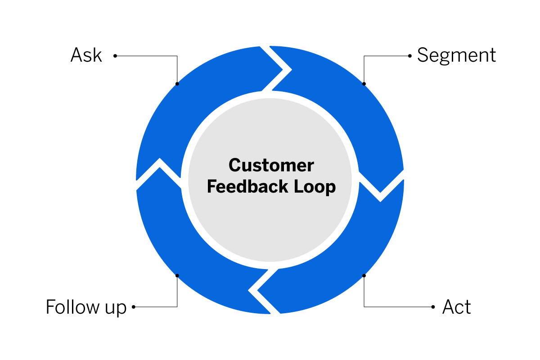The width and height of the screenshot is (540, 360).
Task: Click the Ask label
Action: [x=86, y=56]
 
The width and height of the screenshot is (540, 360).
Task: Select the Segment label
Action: [x=456, y=55]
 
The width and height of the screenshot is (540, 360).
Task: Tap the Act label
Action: [x=456, y=307]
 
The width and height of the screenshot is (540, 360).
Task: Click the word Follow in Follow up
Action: [x=72, y=307]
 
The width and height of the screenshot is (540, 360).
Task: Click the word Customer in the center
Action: [x=271, y=165]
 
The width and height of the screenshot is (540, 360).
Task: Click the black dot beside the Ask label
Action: [x=115, y=56]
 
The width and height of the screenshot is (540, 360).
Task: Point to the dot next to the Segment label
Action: [x=409, y=56]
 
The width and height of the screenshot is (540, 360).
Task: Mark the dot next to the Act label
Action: [x=433, y=307]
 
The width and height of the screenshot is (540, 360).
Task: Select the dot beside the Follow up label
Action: [x=134, y=307]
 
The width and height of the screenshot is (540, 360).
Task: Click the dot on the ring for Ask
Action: [x=177, y=84]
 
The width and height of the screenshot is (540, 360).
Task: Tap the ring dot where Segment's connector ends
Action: [x=364, y=84]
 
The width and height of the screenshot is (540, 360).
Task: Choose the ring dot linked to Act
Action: [x=364, y=275]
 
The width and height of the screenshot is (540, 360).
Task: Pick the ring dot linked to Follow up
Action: [x=177, y=275]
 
